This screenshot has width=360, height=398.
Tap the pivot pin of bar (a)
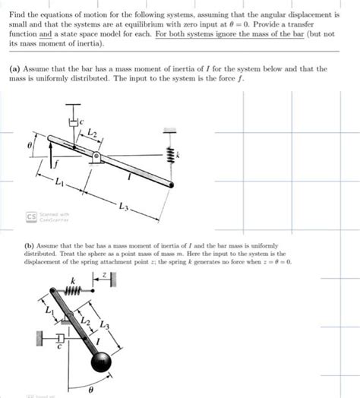pos(96,157)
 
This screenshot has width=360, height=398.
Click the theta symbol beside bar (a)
pos(30,143)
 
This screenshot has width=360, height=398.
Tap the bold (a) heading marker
pos(14,68)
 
